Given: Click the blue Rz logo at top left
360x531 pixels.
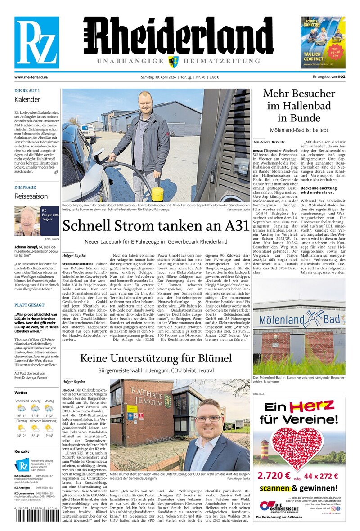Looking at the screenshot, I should (36, 42).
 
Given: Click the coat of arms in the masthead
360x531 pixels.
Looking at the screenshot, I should (172, 62).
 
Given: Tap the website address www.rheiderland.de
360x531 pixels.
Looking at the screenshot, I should (31, 77).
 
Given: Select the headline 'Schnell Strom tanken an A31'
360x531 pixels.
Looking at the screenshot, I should (156, 226).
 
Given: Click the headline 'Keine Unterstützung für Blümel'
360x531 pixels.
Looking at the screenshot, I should (156, 358).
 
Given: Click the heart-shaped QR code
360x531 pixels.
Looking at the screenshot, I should (298, 445).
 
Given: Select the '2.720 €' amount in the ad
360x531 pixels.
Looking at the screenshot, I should (275, 476).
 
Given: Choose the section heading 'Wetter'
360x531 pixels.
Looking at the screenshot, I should (21, 393).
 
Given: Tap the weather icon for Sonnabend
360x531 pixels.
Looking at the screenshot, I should (21, 408).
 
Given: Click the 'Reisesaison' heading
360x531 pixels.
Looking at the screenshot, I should (31, 196).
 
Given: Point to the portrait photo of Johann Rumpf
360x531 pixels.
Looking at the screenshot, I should (27, 221).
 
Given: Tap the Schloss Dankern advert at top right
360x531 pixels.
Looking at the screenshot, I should (323, 42).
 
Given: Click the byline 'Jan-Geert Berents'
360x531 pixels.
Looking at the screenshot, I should (269, 142).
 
